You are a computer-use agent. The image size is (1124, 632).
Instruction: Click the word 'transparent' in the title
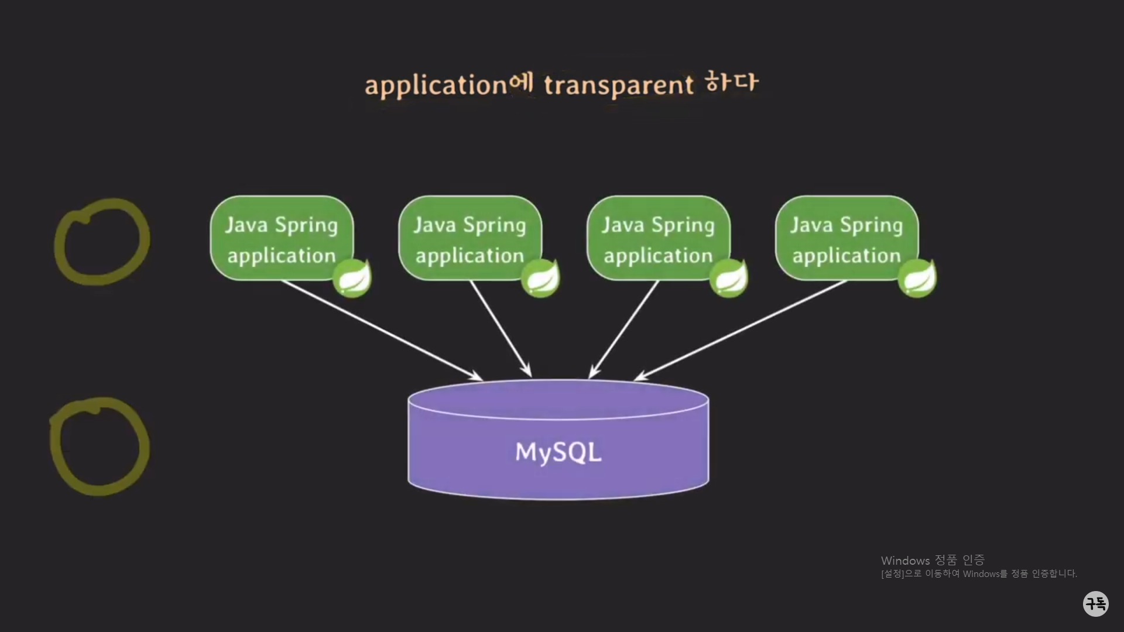coord(618,85)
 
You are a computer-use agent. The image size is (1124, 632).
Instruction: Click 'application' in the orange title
coord(436,85)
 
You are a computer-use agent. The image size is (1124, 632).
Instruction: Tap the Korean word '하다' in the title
coord(731,83)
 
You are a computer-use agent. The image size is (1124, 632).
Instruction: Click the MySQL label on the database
coord(558,452)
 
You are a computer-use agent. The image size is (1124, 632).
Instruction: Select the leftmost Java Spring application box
coord(282,238)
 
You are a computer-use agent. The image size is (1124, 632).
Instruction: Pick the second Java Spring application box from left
coord(470,238)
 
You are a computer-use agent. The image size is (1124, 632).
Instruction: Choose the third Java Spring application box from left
coord(658,238)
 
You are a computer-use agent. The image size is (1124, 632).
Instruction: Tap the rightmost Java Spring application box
coord(847,238)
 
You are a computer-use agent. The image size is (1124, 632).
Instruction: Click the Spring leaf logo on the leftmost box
coord(352,279)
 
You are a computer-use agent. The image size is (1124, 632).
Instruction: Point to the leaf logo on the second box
coord(540,279)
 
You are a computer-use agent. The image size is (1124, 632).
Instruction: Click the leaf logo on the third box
coord(729,279)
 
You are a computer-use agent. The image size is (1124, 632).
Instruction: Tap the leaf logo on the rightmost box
coord(917,279)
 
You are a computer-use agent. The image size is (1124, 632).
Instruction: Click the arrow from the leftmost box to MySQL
coord(381,329)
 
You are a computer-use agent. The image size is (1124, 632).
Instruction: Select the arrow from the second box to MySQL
coord(501,329)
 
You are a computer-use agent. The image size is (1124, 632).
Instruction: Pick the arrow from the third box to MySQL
coord(624,329)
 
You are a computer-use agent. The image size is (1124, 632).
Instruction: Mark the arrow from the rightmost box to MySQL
coord(741,329)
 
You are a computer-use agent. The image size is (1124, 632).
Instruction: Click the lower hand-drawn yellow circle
coord(100,446)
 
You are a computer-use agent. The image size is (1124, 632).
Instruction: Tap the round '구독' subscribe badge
coord(1095,603)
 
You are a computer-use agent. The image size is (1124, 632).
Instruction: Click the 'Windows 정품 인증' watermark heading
coord(933,561)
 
